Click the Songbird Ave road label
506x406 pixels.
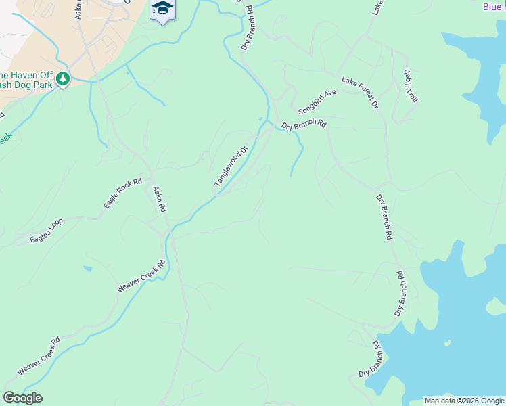[x=317, y=102]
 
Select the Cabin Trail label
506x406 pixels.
[x=411, y=86]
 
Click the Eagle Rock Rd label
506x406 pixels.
[x=122, y=194]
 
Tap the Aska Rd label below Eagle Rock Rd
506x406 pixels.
[x=159, y=200]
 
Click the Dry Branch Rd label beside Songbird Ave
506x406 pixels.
[x=304, y=125]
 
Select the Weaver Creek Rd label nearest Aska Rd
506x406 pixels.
[x=141, y=276]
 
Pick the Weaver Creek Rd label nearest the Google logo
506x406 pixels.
[x=39, y=356]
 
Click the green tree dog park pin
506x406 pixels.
[x=64, y=80]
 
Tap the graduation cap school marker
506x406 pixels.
[x=162, y=9]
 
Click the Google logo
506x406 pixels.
[x=23, y=398]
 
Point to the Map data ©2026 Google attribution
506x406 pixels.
[x=464, y=401]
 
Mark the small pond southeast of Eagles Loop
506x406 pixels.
[x=88, y=269]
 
